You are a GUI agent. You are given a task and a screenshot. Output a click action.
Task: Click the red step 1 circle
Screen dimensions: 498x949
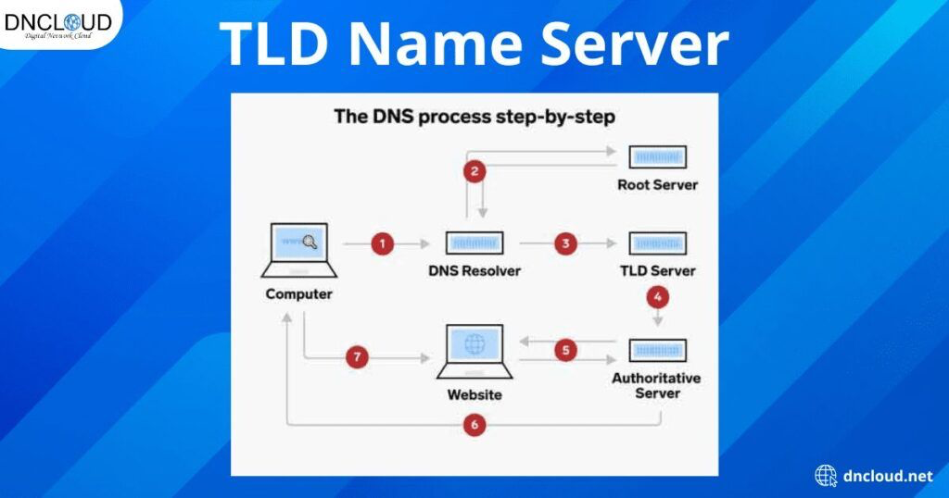click(382, 244)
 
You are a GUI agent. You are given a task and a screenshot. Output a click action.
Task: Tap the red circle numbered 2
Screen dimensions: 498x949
click(474, 170)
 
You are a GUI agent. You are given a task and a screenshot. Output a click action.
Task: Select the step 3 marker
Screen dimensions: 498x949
click(565, 244)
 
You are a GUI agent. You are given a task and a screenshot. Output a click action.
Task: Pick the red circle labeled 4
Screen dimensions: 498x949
click(658, 298)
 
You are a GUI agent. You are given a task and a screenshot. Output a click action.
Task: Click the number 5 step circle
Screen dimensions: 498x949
click(565, 351)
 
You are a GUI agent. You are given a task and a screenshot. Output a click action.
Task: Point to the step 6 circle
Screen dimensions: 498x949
click(474, 425)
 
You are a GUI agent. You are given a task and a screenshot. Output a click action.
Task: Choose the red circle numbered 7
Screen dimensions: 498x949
click(357, 357)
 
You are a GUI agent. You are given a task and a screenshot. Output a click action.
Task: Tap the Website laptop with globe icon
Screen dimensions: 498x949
click(474, 351)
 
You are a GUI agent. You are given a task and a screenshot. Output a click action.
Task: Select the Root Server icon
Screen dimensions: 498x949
click(657, 156)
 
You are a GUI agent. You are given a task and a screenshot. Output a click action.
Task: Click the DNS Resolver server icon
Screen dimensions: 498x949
click(474, 243)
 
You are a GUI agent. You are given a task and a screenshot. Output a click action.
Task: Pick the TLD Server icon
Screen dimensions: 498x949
click(657, 243)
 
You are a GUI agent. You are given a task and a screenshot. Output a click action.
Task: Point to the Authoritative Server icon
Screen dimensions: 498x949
click(657, 351)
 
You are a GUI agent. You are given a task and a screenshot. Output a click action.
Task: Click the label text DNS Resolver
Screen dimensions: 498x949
click(474, 272)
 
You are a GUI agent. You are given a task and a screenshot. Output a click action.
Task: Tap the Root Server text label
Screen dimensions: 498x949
click(657, 185)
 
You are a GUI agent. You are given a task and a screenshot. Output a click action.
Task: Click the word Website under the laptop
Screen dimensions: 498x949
click(474, 395)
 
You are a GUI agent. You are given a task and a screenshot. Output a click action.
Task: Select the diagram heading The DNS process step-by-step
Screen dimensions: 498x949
click(474, 118)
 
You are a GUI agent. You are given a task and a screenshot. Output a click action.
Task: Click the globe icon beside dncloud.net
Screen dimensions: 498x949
click(826, 476)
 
